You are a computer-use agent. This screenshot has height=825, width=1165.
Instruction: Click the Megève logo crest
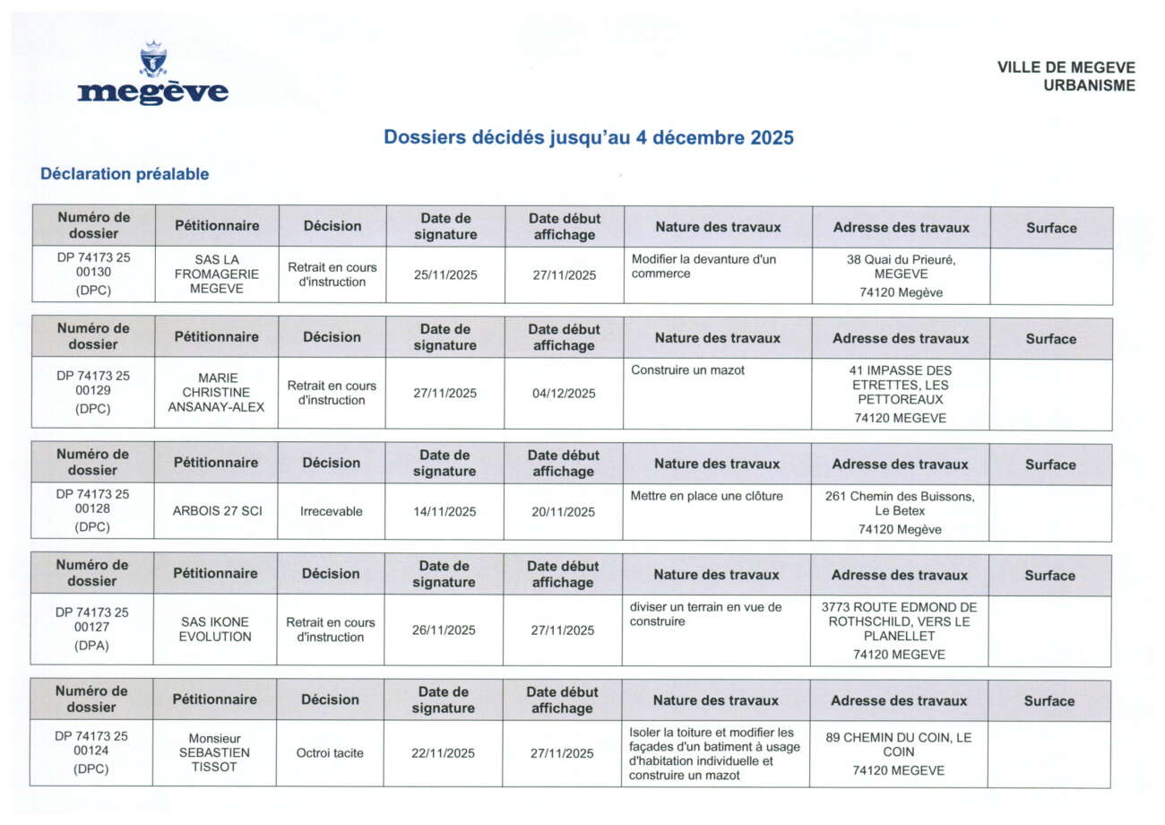(x=153, y=60)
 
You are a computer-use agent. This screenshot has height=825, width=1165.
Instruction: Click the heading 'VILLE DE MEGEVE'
(x=1066, y=67)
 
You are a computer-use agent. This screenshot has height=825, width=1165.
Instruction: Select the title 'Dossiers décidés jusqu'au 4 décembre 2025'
(x=589, y=138)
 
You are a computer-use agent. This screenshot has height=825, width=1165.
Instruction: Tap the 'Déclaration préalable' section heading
(x=125, y=174)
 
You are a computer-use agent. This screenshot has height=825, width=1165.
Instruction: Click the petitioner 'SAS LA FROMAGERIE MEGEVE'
(x=217, y=274)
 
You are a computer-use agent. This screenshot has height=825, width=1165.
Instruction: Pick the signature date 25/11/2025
(x=445, y=275)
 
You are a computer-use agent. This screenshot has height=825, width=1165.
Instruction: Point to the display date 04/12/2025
(x=564, y=394)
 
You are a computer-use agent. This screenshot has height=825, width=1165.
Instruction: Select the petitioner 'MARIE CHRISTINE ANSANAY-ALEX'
(x=217, y=393)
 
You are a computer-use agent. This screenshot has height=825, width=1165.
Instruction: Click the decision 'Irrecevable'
(x=332, y=511)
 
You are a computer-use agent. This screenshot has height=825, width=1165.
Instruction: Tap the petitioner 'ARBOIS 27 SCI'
(x=217, y=511)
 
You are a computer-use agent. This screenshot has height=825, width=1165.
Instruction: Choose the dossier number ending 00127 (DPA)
(x=91, y=629)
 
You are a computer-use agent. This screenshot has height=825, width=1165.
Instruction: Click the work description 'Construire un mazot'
(x=687, y=370)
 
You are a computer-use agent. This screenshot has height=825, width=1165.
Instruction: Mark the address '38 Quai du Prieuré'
(x=901, y=266)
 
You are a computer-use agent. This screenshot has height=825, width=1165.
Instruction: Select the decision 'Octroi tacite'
(x=330, y=753)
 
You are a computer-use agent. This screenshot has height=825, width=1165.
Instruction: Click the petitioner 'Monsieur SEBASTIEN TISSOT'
(x=215, y=752)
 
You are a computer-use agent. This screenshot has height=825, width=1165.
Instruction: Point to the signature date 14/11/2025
(x=444, y=512)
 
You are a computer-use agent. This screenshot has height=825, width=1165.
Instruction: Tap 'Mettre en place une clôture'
(x=706, y=496)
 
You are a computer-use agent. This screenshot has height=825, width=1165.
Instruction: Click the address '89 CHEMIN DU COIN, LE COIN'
(x=898, y=744)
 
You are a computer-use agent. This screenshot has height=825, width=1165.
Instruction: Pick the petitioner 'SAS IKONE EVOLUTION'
(x=215, y=630)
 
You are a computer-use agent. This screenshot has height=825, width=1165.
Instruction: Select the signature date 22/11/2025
(x=444, y=753)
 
